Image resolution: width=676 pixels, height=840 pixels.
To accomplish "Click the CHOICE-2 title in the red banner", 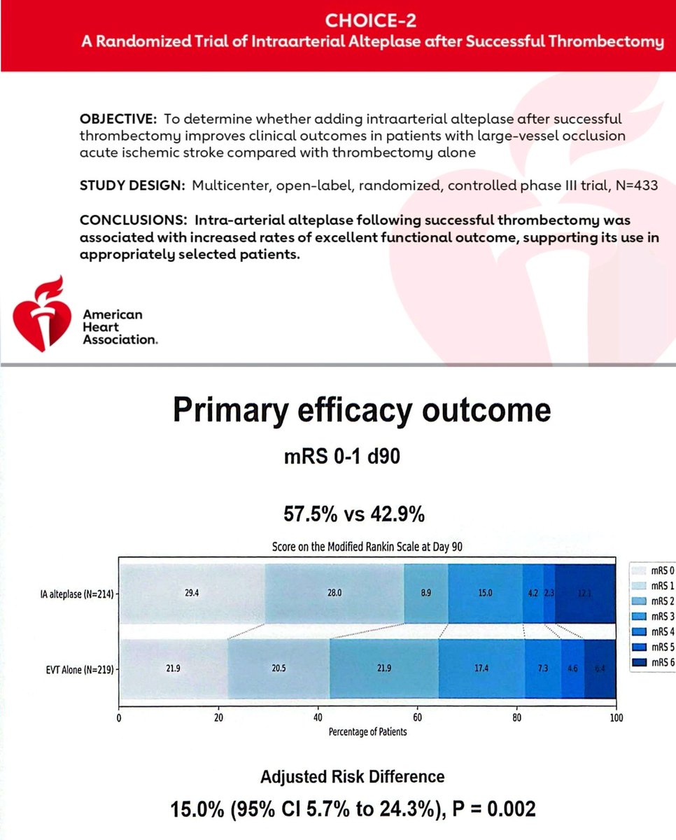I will point(338,15).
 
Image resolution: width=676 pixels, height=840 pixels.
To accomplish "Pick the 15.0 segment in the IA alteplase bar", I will point(485,592).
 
